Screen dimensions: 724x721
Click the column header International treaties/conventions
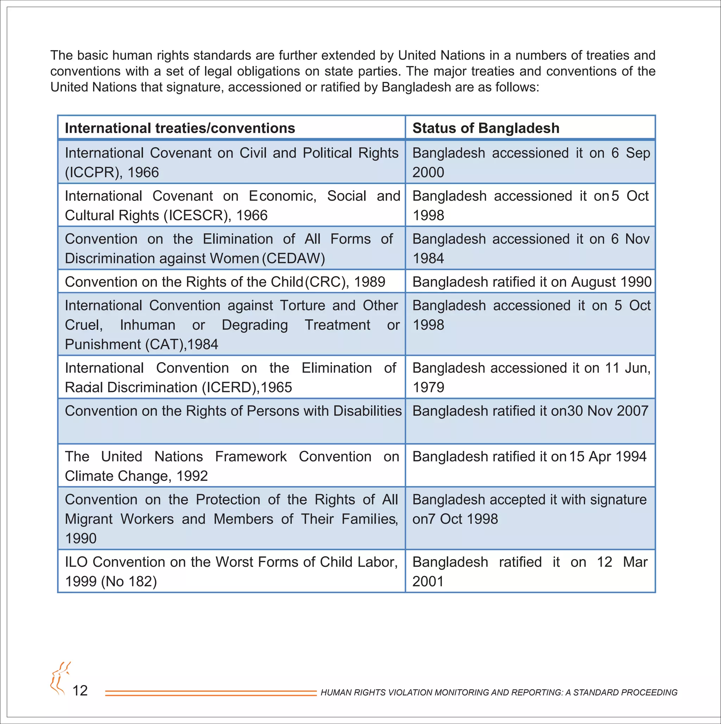tap(180, 128)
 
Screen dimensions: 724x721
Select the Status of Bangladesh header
tap(485, 128)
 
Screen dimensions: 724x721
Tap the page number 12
tap(80, 691)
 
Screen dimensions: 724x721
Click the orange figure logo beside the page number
tap(60, 678)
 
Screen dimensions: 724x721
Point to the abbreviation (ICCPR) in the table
tap(93, 173)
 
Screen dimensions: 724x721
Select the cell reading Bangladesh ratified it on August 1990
tap(532, 282)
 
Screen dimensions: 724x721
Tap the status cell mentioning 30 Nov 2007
tap(530, 411)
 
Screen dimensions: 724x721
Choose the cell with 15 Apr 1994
tap(529, 457)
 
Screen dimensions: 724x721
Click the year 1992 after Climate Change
tap(192, 476)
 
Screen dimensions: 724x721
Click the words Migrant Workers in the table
tap(119, 519)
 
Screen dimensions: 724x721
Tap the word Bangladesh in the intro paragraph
tap(416, 87)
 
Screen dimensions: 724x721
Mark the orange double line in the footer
tap(211, 693)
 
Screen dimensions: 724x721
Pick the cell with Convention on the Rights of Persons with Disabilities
tap(233, 411)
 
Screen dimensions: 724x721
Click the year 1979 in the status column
tap(428, 388)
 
